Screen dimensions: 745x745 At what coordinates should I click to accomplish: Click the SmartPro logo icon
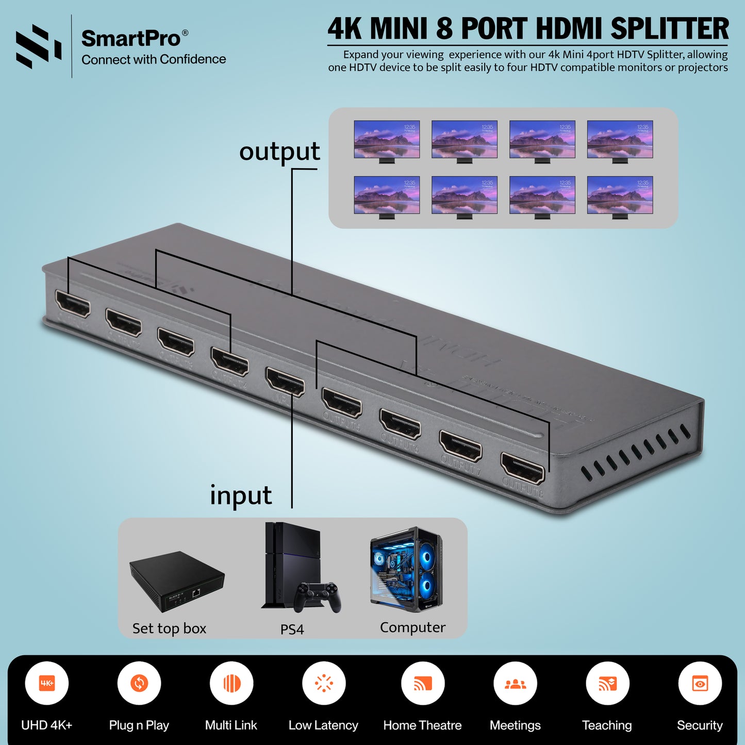(x=38, y=46)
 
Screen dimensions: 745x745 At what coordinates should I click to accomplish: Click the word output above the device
(x=279, y=152)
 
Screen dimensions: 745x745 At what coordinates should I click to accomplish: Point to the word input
(x=241, y=495)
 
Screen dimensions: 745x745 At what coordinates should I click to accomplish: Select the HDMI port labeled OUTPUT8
(x=523, y=468)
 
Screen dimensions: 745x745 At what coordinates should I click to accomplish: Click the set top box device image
(x=176, y=582)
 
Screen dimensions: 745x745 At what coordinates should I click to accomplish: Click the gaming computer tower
(x=406, y=569)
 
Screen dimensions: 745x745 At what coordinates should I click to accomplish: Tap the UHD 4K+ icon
(x=47, y=683)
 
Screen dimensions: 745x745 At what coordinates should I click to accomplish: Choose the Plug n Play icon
(x=139, y=683)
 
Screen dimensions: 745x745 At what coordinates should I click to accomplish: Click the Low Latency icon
(x=324, y=683)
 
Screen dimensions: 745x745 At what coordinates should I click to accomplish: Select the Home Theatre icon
(x=423, y=683)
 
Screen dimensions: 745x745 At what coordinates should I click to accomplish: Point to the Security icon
(x=700, y=683)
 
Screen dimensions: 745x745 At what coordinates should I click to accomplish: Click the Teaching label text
(x=607, y=725)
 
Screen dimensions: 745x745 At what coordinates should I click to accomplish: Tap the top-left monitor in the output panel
(x=387, y=140)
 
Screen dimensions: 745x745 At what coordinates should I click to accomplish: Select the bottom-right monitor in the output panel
(x=620, y=195)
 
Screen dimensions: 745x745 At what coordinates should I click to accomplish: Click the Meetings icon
(x=515, y=683)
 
